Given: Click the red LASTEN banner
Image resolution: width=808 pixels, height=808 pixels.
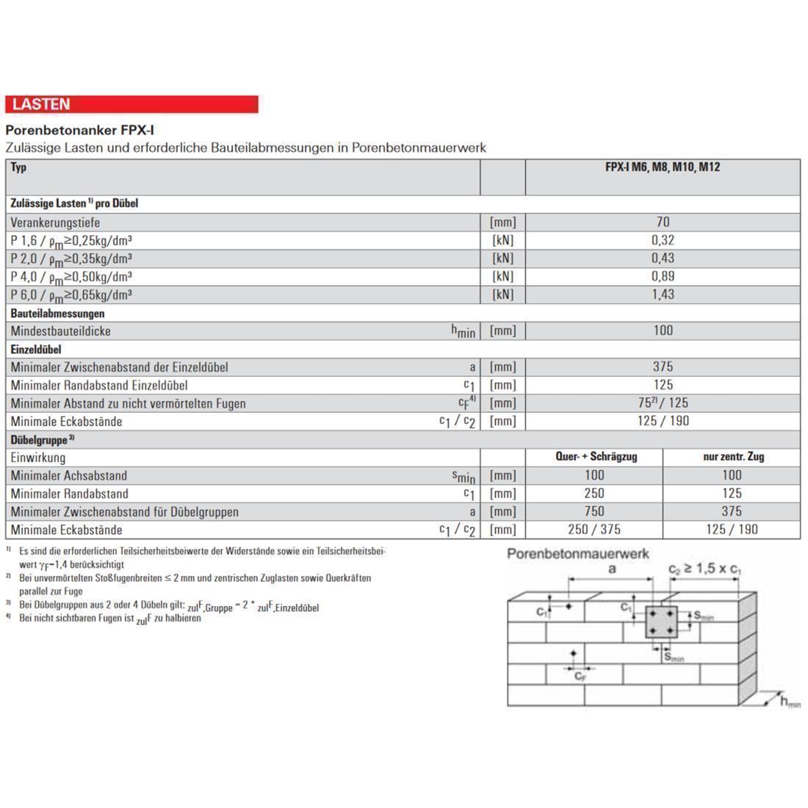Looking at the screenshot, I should (131, 104).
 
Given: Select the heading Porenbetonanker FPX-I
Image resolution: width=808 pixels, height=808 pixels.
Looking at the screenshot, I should (79, 130).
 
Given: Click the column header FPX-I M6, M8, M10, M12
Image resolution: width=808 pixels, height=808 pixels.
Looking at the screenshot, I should (663, 167).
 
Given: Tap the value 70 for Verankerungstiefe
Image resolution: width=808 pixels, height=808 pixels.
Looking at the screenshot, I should (663, 222).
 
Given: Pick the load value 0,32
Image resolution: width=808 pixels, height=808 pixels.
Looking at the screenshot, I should (663, 240).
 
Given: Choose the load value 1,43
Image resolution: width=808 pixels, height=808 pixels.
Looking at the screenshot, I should (663, 295).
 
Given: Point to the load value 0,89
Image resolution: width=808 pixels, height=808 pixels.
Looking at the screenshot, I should (663, 276).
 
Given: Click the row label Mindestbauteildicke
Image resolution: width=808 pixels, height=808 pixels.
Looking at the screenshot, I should (61, 331).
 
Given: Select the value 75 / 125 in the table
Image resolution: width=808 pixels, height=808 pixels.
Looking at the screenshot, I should (663, 403).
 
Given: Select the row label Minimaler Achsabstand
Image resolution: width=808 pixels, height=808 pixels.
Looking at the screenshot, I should (69, 476).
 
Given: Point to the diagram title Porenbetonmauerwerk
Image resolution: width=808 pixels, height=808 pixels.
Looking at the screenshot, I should (578, 554).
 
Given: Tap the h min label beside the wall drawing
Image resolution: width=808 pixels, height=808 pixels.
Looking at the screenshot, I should (790, 702).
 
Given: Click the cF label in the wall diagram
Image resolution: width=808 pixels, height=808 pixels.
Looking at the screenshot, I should (580, 676).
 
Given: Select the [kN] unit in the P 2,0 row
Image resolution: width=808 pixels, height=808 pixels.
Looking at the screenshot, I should (502, 259).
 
